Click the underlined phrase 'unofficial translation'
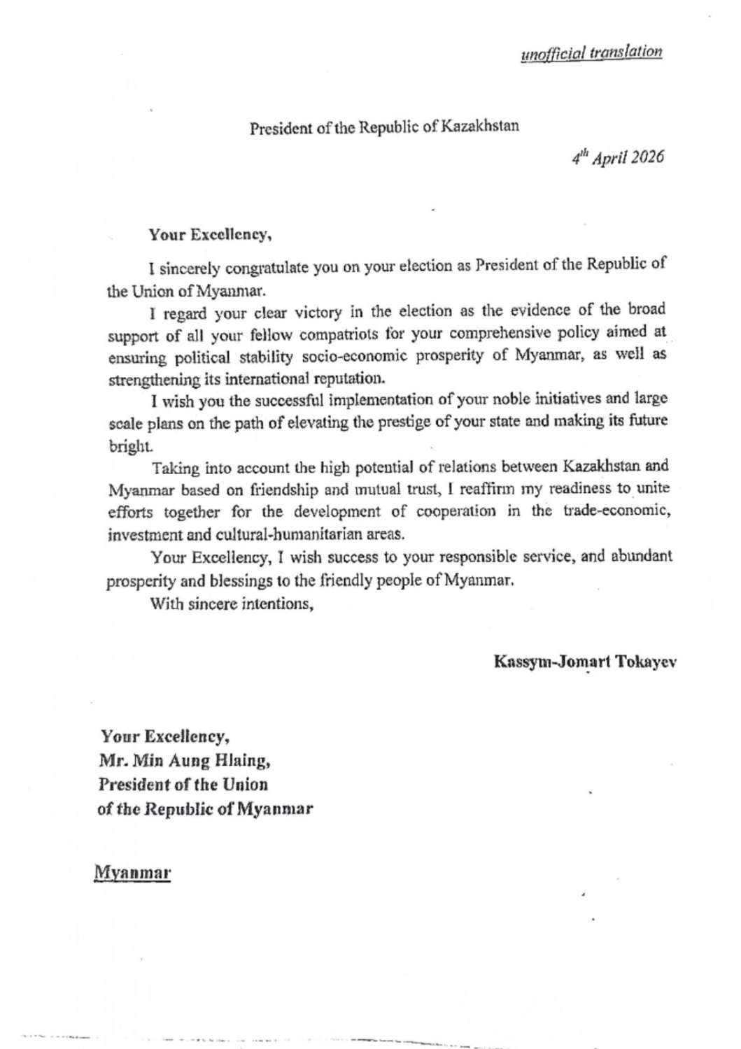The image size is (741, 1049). [x=591, y=53]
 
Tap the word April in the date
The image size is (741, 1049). [x=607, y=157]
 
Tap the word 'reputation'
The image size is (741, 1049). [x=344, y=378]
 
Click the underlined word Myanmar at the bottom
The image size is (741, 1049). [x=133, y=873]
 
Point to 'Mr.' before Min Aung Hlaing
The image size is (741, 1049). [x=111, y=760]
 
